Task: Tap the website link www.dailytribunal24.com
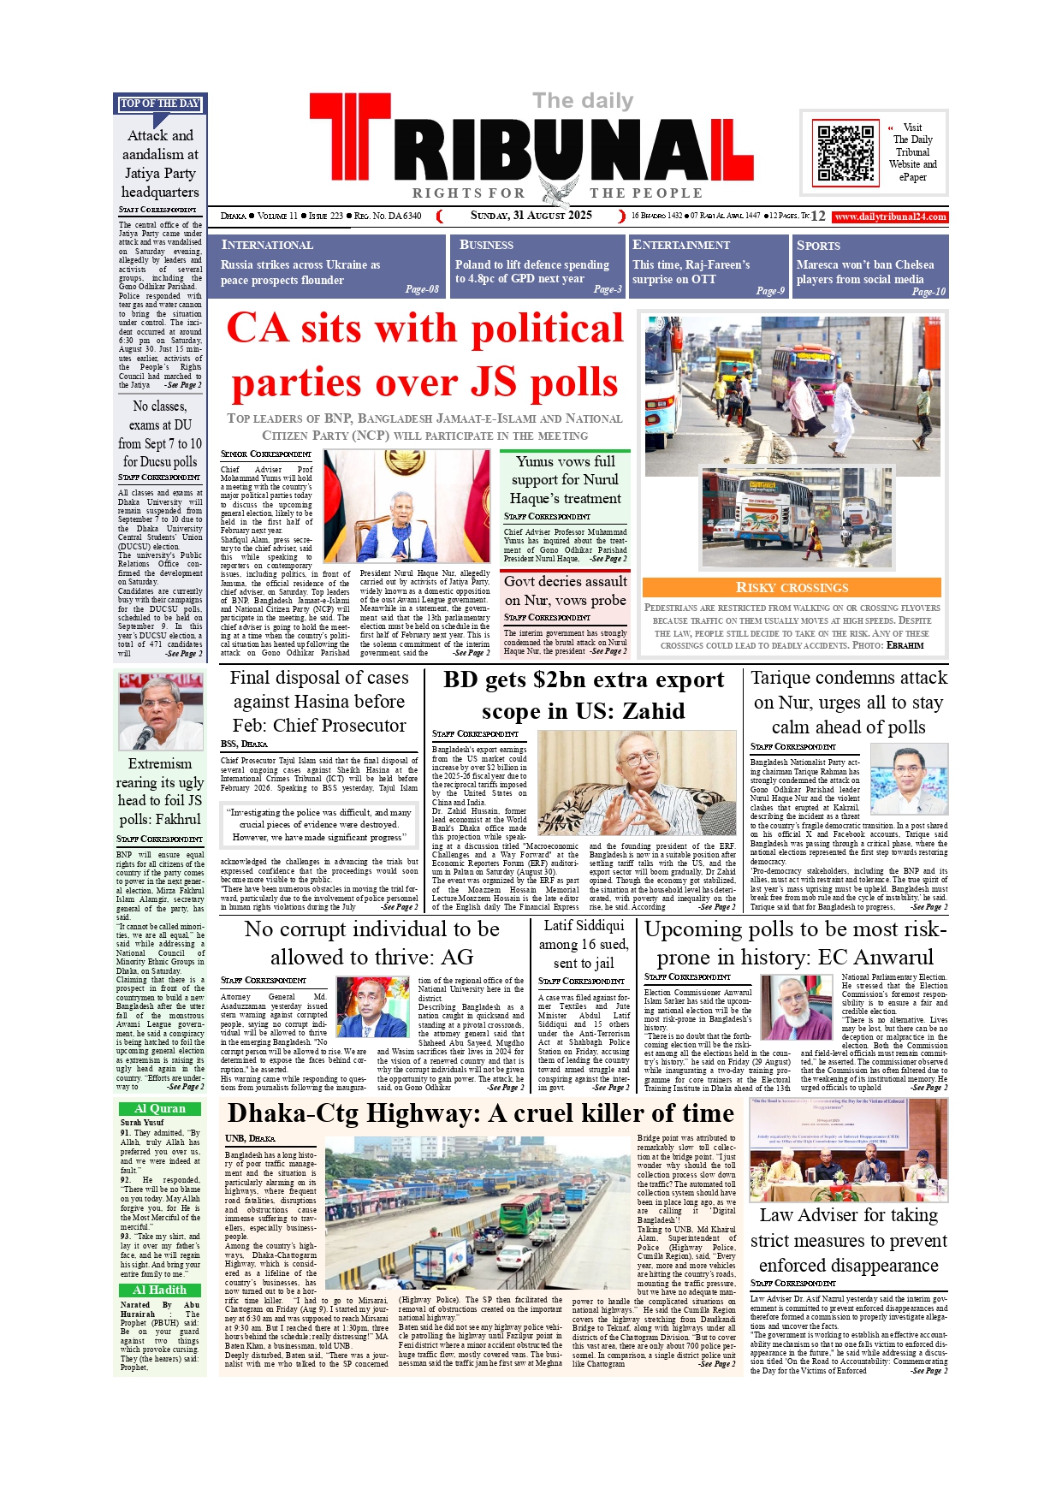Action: [890, 217]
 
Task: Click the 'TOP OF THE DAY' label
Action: [160, 104]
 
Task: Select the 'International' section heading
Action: [267, 245]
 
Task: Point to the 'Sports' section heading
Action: [818, 245]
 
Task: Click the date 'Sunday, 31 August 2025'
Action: [531, 216]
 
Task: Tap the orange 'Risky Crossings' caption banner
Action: [792, 587]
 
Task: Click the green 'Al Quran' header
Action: [160, 1108]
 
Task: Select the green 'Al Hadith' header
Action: [160, 1290]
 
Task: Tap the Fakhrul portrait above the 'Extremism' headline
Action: [160, 710]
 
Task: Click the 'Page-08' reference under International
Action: [421, 289]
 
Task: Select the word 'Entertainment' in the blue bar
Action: [681, 245]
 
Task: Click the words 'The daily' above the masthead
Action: [583, 101]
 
